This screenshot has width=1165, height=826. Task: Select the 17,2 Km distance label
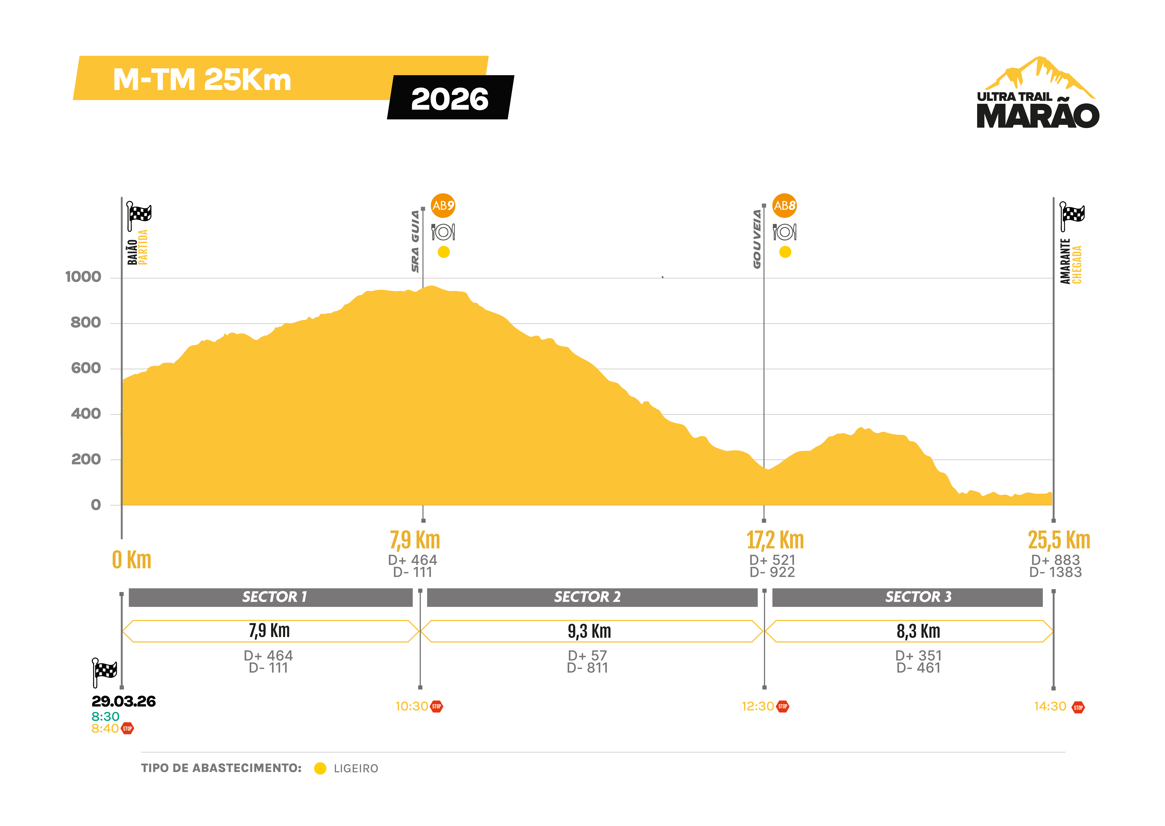(775, 540)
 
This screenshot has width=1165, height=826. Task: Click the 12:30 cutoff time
(757, 707)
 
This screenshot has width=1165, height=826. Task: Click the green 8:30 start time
(105, 717)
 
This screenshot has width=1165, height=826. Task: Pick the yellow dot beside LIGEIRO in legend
(320, 769)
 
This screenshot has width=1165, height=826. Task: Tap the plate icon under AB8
(785, 232)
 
